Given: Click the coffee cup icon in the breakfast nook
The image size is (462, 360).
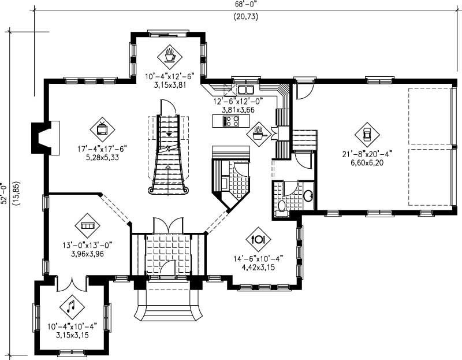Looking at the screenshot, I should pos(170,57).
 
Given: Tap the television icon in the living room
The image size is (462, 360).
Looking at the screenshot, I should pos(102,129).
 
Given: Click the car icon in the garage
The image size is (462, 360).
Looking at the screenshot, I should pos(367,134).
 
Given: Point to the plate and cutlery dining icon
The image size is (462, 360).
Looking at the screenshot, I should pos(258,238).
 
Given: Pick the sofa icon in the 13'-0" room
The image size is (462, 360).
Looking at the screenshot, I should pos(87,226).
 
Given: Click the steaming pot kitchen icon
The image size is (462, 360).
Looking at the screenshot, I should pos(258,133).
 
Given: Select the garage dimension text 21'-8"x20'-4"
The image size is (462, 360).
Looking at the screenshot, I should pos(367,154).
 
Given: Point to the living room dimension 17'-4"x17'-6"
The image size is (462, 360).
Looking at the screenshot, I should pos(102,149).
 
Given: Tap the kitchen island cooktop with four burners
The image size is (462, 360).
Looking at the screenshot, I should pos(231,121).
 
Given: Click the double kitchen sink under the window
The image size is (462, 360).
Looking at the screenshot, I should pos(245,90).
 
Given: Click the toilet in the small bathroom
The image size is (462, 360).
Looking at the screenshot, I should pos(282,206).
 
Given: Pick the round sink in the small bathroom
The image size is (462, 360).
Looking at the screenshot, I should pos(308,195).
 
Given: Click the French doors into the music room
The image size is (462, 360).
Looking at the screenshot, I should pos(72,283).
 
